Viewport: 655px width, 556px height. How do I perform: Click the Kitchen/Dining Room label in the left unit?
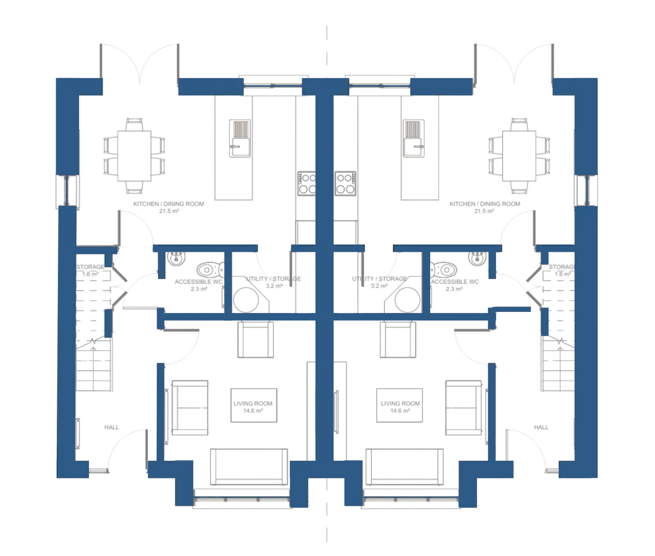tap(168, 206)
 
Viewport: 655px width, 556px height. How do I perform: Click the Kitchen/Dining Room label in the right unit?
tap(483, 206)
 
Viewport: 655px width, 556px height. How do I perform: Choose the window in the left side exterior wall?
tap(67, 190)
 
